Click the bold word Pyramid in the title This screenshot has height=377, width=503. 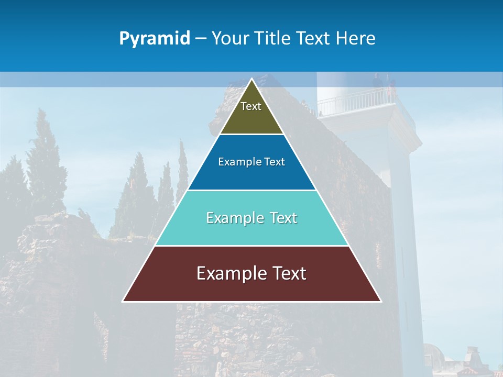(155, 39)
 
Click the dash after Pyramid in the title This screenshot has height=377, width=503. (201, 39)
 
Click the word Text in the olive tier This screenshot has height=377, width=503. (251, 106)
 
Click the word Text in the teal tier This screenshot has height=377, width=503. (284, 218)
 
